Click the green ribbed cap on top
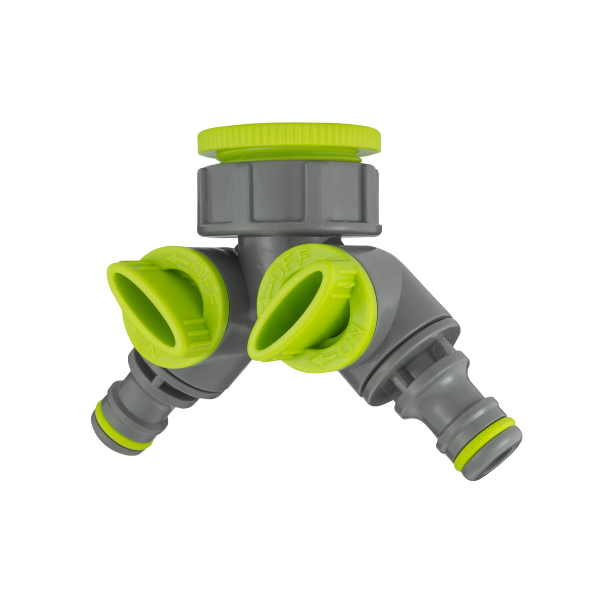click(x=288, y=137)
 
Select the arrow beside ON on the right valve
click(x=323, y=360)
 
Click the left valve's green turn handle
click(x=146, y=303)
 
